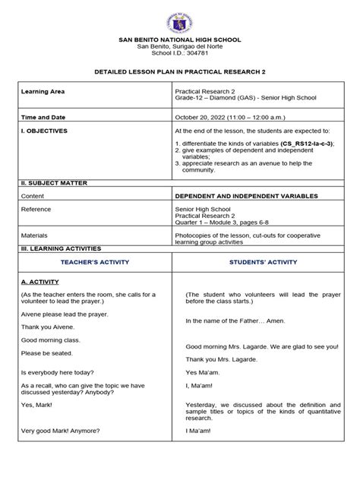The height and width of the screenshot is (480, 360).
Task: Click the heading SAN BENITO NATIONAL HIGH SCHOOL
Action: click(179, 39)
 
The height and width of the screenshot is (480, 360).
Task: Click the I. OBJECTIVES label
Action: click(45, 131)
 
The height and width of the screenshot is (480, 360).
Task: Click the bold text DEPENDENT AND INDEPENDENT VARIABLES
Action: click(242, 195)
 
